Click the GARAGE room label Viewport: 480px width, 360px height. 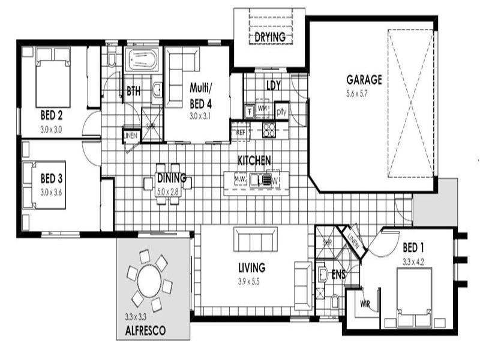point(364,80)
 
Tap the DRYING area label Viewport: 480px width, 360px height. point(269,37)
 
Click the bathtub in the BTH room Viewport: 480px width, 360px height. point(142,61)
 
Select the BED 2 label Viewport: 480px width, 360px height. point(52,115)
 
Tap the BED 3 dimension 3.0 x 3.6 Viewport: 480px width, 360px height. point(52,192)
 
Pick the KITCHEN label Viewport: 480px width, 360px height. point(254,160)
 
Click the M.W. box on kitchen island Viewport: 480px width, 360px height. point(241,179)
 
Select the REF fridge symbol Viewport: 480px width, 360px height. point(241,131)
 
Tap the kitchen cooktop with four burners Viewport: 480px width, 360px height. point(269,130)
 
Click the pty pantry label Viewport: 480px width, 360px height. point(281,112)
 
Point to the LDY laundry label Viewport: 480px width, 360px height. point(273,86)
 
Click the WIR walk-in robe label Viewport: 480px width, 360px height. point(365,304)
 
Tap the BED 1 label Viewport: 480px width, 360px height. point(414,247)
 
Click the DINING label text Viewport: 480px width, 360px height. point(172,178)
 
